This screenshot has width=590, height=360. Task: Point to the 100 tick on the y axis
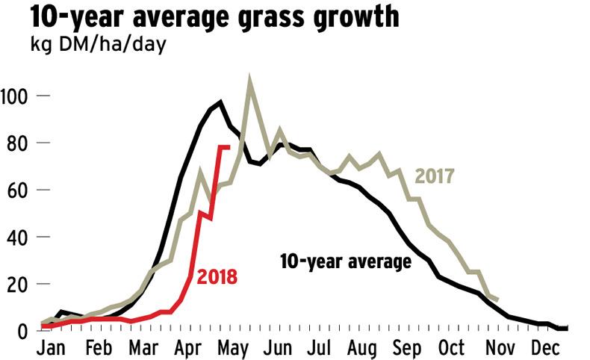16,96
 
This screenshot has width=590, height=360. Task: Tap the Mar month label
140,348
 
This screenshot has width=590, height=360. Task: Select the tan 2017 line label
435,177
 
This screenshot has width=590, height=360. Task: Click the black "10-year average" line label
346,261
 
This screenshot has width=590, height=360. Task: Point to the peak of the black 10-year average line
220,102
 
